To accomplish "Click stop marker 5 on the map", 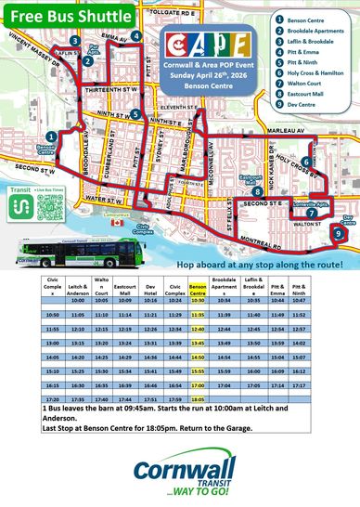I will pyautogui.click(x=135, y=115).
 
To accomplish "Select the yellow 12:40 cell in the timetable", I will pyautogui.click(x=197, y=330).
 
